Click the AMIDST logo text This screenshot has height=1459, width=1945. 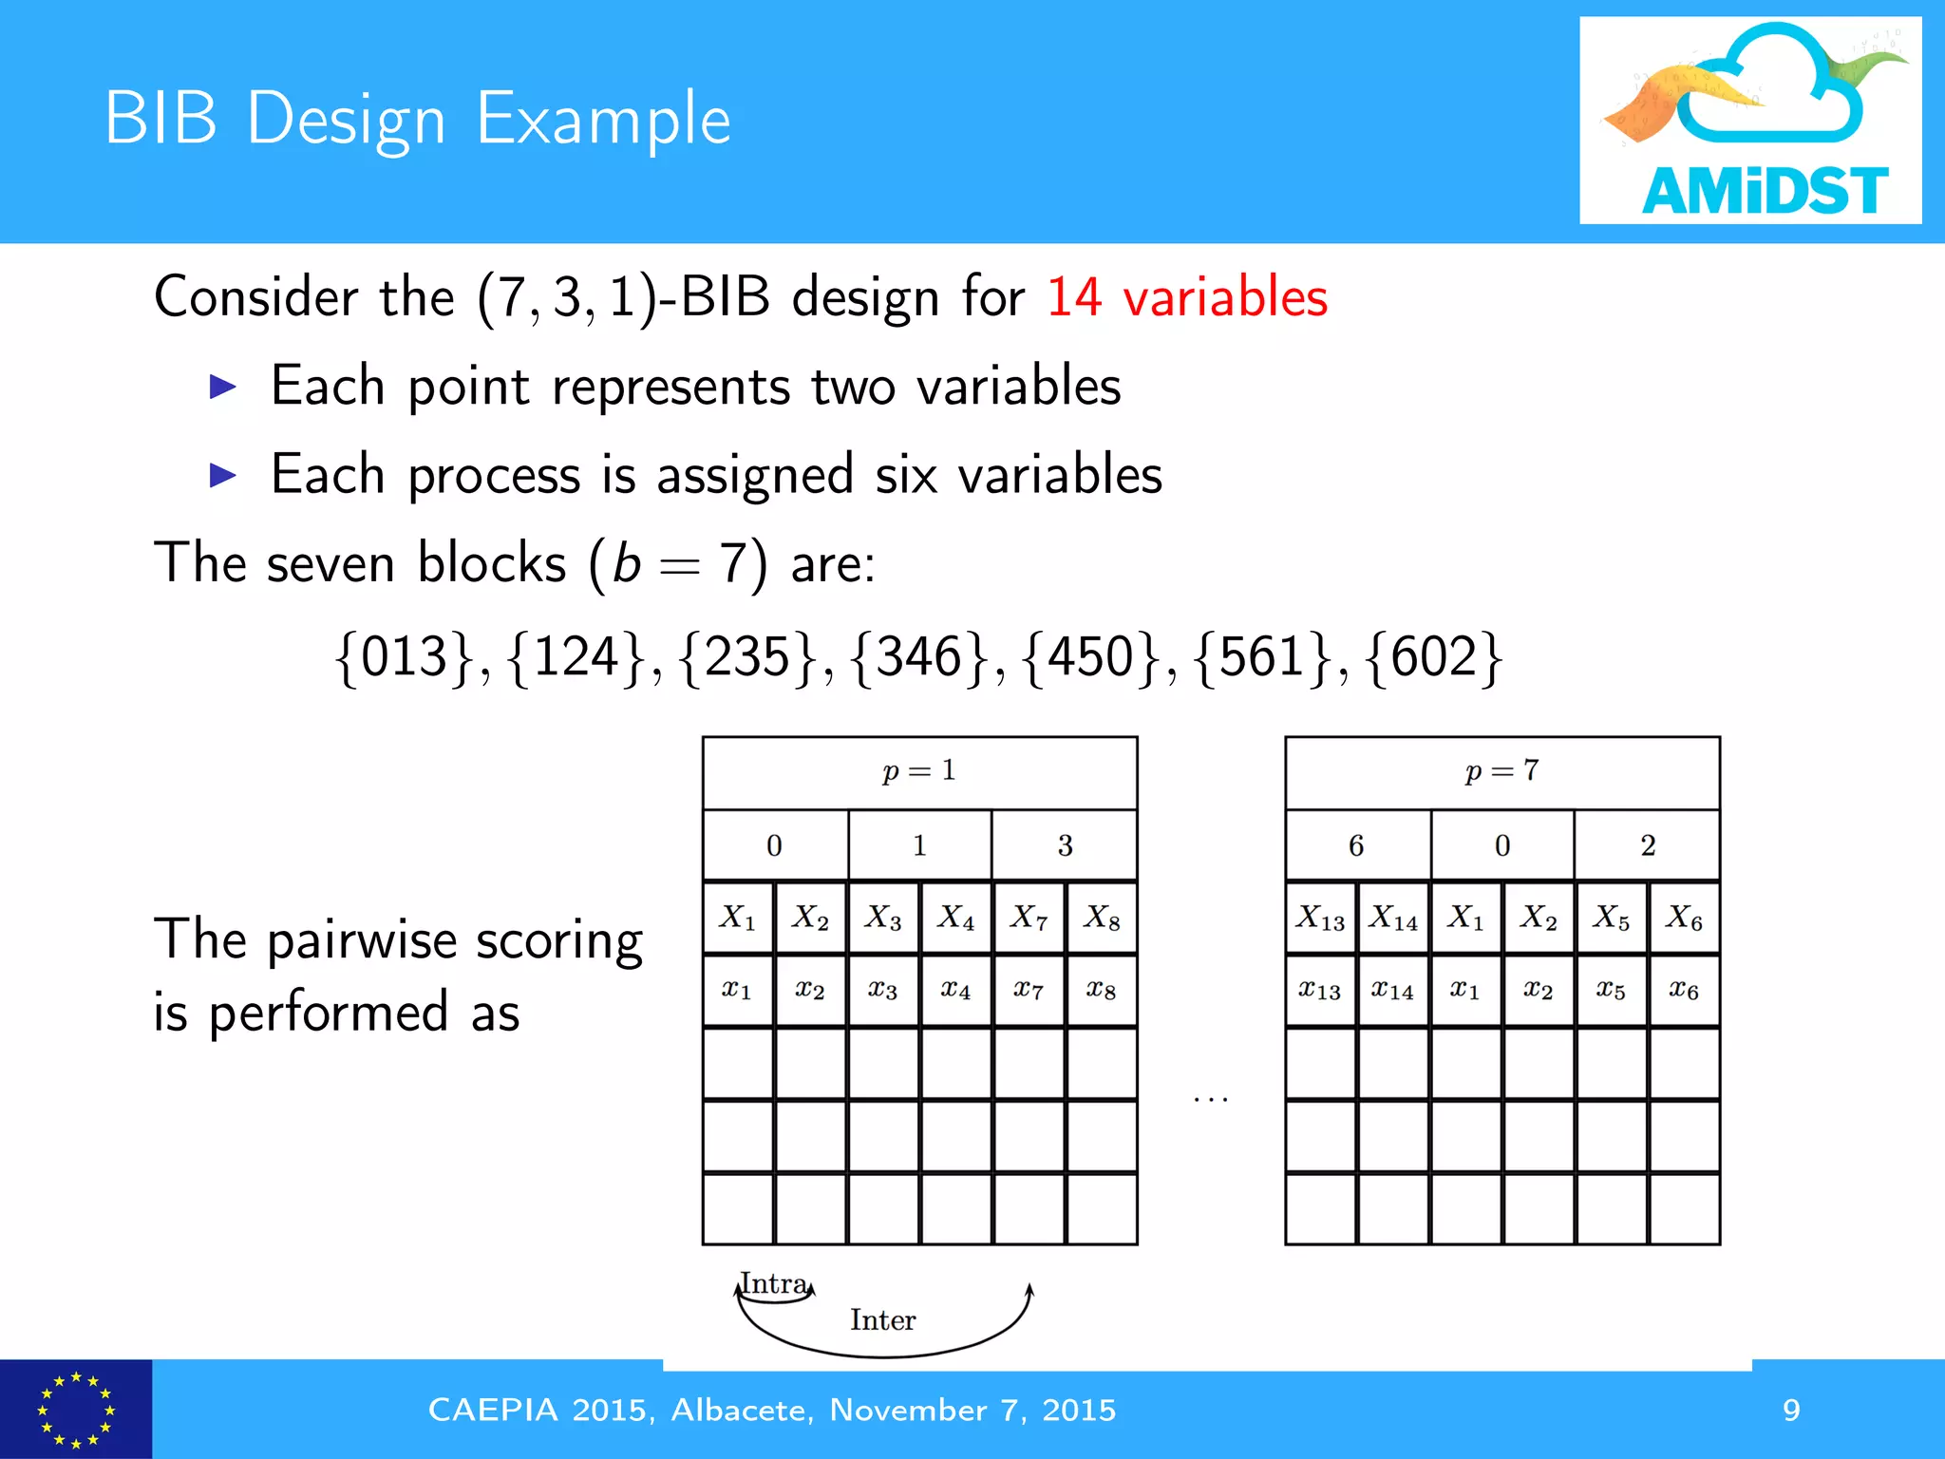pos(1764,191)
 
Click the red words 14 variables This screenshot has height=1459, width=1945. pos(1186,296)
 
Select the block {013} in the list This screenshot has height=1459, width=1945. pos(405,656)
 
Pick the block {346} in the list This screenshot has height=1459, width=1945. pos(919,656)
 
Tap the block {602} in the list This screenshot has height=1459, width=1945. pos(1434,656)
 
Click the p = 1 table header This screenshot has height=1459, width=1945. pos(919,771)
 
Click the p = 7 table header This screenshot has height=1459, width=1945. pos(1501,771)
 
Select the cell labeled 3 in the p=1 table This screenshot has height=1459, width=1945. pos(1065,844)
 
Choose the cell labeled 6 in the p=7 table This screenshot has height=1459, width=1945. pos(1356,844)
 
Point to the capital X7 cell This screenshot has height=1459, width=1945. pos(1029,918)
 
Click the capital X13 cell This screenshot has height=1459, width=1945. pos(1320,918)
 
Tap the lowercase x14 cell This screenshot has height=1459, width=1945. pos(1392,991)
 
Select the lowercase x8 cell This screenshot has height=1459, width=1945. pos(1102,991)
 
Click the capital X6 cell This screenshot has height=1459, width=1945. pos(1684,918)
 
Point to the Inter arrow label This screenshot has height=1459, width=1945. pos(882,1320)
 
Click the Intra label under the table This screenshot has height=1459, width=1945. pos(774,1284)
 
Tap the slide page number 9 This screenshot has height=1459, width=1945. pos(1791,1410)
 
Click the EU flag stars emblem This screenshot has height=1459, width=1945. pos(75,1410)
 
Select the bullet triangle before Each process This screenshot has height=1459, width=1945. pos(222,474)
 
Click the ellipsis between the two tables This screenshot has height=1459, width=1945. pos(1211,1099)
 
